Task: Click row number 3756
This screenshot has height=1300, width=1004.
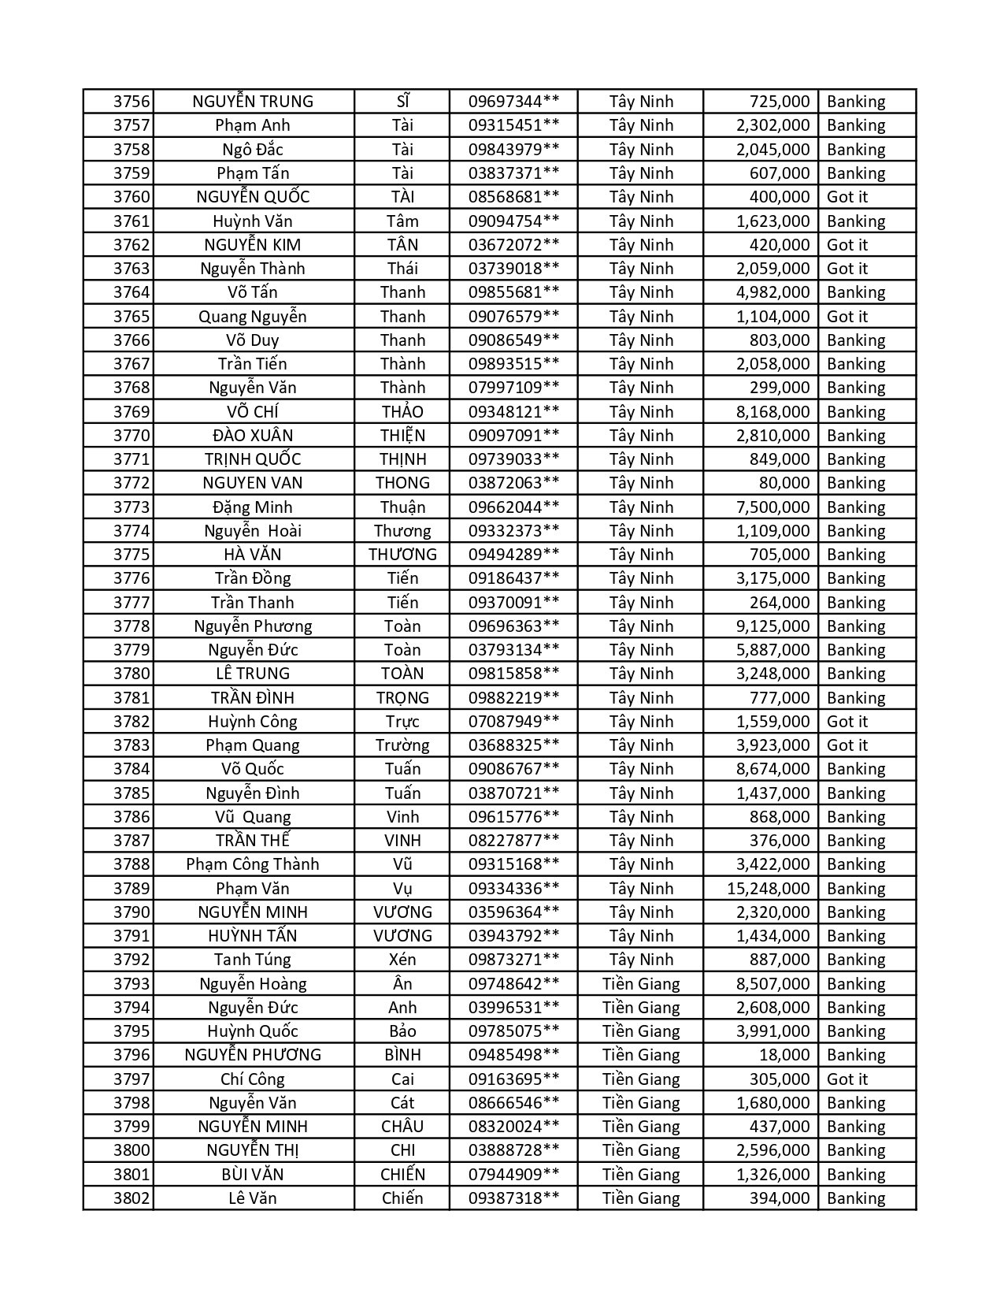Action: (x=131, y=102)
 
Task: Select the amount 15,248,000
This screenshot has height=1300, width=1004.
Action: (x=768, y=889)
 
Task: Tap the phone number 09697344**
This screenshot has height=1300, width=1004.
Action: (x=513, y=102)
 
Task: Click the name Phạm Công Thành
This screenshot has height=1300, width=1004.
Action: (x=253, y=864)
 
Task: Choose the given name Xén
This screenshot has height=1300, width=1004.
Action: (x=402, y=960)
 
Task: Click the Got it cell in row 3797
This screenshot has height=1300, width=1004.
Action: (x=847, y=1079)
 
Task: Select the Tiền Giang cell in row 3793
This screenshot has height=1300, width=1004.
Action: (x=641, y=984)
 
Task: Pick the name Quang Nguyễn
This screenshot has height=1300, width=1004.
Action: (x=253, y=317)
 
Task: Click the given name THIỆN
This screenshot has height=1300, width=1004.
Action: (x=402, y=436)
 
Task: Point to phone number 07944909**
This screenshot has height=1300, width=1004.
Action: (x=513, y=1175)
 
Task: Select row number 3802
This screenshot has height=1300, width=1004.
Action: (x=131, y=1198)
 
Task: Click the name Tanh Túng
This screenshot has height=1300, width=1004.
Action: (x=253, y=960)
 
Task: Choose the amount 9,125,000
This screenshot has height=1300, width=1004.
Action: (x=772, y=626)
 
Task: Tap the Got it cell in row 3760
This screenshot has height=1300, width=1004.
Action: (x=847, y=197)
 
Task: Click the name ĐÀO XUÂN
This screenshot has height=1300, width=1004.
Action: (x=253, y=436)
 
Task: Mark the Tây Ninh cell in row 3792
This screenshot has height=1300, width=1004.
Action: (x=641, y=960)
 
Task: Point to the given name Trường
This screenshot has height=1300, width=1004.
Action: (x=402, y=745)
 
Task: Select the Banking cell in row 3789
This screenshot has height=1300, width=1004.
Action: (x=856, y=889)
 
